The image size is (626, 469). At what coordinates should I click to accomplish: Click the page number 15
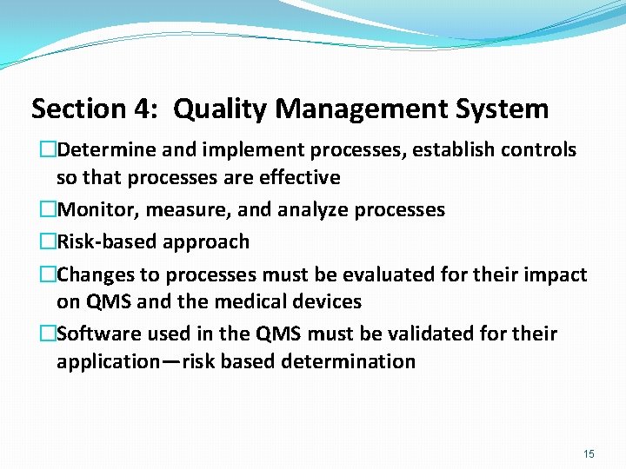click(x=589, y=453)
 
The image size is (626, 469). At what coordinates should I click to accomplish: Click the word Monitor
click(x=97, y=210)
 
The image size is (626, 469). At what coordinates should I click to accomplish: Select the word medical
click(x=255, y=302)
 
